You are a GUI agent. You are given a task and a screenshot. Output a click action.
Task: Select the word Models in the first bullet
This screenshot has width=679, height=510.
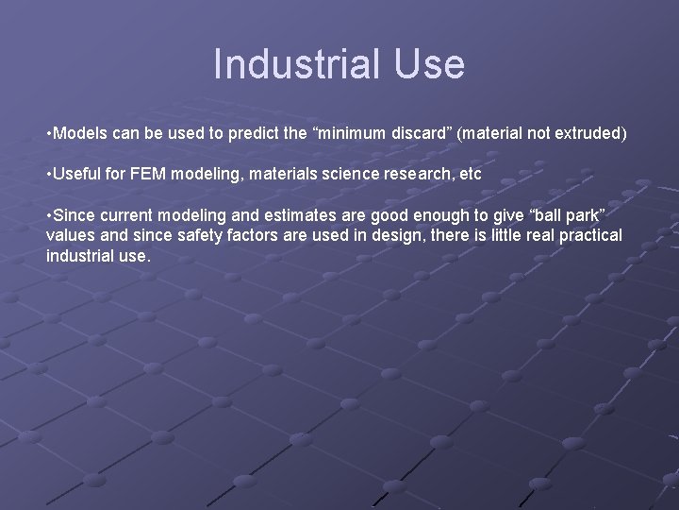[x=80, y=133]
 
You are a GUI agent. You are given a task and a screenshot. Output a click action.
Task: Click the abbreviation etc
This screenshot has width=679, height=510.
[x=469, y=174]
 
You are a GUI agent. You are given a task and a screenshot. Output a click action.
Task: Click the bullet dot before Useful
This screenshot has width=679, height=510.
[x=48, y=174]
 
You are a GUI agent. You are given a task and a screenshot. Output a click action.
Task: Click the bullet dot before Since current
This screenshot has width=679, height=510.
[x=48, y=214]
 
